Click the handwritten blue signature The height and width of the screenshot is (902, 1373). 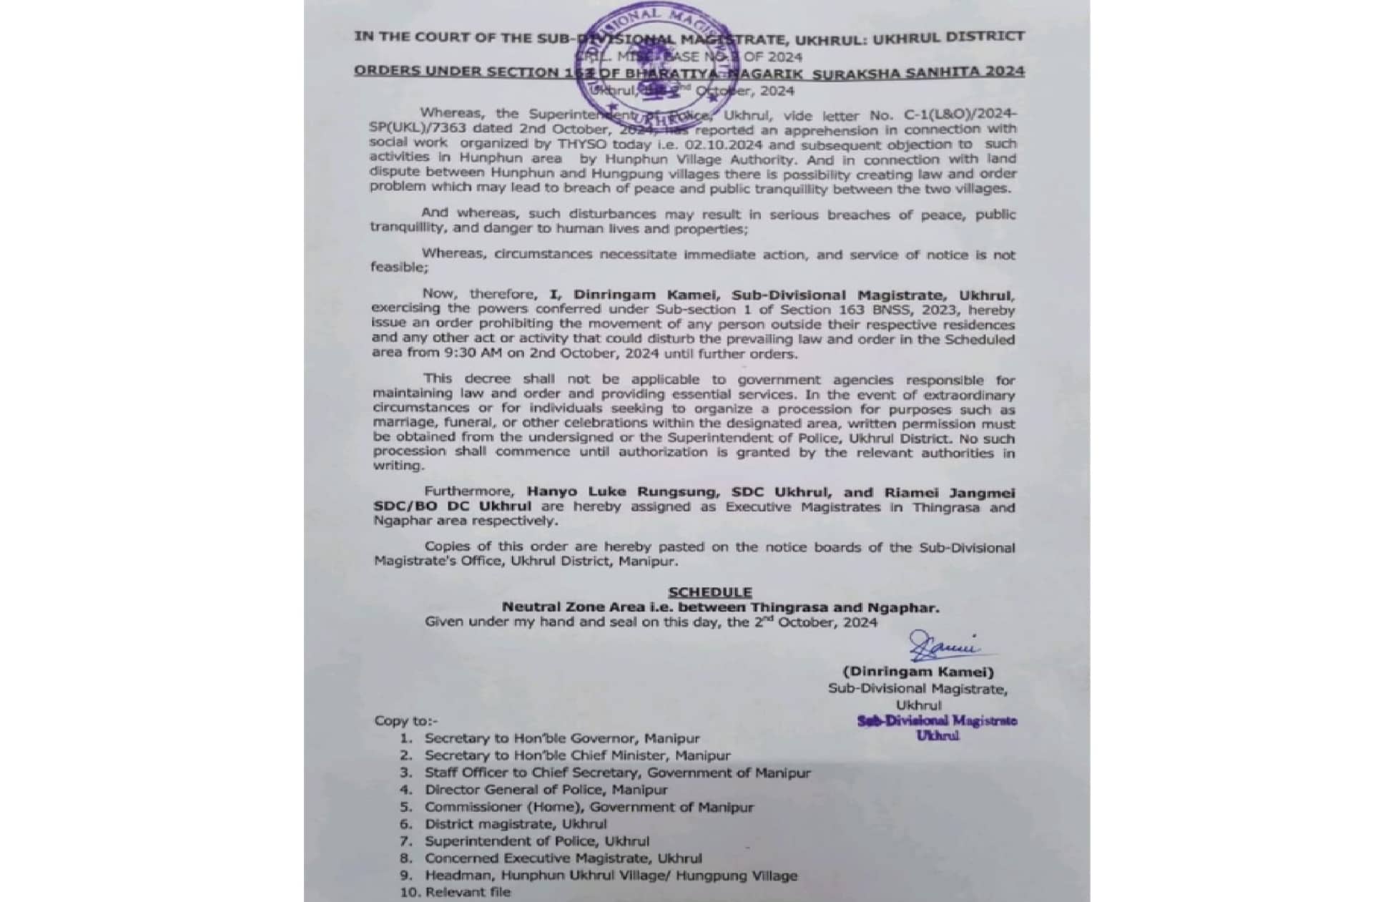coord(943,646)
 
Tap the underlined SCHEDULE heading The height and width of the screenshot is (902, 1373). coord(709,592)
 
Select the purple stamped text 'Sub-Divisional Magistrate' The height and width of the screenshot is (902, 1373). coord(937,721)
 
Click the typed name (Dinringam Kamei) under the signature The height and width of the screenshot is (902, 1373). coord(918,672)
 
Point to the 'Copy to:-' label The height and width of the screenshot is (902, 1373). coord(405,721)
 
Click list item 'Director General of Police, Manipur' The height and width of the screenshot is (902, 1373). coord(546,790)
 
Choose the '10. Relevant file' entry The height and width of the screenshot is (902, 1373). coord(456,892)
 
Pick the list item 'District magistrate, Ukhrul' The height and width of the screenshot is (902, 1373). coord(515,824)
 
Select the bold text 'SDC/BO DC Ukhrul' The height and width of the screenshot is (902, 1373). coord(442,506)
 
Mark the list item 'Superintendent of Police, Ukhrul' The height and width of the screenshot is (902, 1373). coord(536,841)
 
